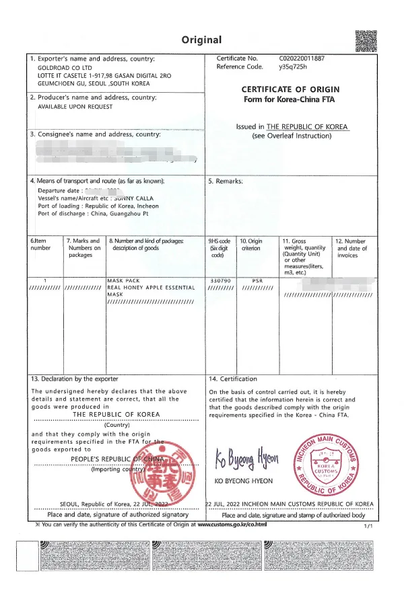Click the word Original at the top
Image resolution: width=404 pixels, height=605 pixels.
tap(201, 40)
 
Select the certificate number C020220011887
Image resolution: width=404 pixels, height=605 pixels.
tap(302, 58)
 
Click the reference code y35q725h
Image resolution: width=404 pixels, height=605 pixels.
tap(292, 67)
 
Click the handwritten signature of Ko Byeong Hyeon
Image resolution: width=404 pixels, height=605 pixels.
tap(246, 460)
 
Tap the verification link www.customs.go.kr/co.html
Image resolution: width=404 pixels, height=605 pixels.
tap(232, 524)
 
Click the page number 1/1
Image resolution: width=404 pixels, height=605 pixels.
tap(367, 526)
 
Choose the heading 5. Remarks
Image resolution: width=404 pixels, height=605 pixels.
tap(226, 181)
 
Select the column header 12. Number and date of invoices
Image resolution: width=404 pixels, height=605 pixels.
tap(351, 247)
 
